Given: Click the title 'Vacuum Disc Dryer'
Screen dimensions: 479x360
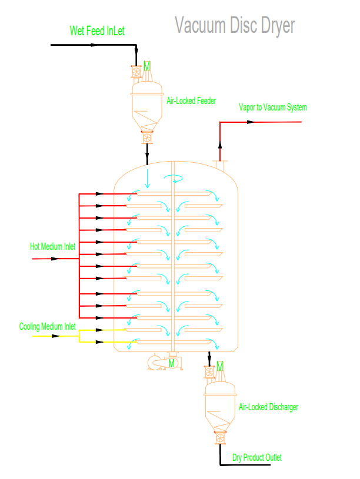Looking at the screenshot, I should (235, 25).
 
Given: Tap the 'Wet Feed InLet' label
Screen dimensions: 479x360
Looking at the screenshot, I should (97, 31).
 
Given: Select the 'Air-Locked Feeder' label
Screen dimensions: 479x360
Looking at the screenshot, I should (191, 101).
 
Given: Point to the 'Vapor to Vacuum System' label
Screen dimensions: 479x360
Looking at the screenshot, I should (272, 107).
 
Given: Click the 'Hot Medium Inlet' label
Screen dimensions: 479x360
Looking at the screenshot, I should (53, 247).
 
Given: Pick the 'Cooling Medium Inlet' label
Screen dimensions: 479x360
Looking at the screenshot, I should (48, 326).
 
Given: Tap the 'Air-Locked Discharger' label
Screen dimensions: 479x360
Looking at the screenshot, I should (268, 407).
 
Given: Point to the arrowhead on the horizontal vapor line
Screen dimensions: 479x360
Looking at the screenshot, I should (251, 122).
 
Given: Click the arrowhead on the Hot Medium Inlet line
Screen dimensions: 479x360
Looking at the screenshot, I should (55, 259).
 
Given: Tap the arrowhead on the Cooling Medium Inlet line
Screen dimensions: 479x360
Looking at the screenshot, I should (55, 336).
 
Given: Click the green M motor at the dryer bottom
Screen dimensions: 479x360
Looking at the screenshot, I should (172, 364).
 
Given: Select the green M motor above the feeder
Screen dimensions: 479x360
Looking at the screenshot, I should (147, 65).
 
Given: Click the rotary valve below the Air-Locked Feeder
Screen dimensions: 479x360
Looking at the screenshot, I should (147, 138).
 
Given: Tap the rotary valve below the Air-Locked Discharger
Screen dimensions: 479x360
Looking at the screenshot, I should (221, 438).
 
